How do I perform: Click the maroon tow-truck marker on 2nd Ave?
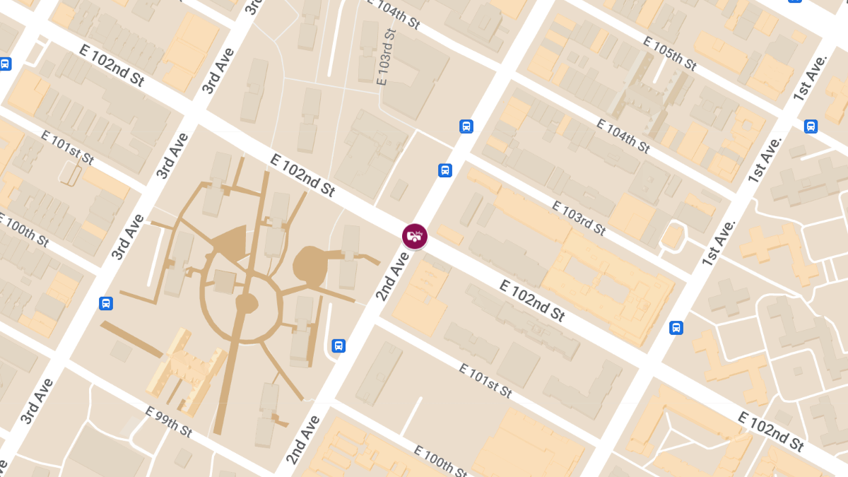[x=415, y=235]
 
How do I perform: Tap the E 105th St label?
[x=669, y=54]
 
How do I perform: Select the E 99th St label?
[x=168, y=421]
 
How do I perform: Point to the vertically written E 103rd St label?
[x=386, y=58]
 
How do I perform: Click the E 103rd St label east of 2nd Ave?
[x=579, y=218]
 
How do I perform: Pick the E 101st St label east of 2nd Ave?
[x=485, y=380]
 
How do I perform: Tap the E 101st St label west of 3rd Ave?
[x=67, y=147]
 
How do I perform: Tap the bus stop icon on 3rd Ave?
[x=106, y=303]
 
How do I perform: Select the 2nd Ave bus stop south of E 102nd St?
[x=338, y=346]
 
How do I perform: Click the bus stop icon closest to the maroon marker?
[x=445, y=170]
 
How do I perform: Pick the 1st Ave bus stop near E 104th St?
[x=811, y=126]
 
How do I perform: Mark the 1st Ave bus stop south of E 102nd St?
[x=676, y=328]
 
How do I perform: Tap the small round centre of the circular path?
[x=247, y=303]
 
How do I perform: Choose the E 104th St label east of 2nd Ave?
[x=623, y=136]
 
